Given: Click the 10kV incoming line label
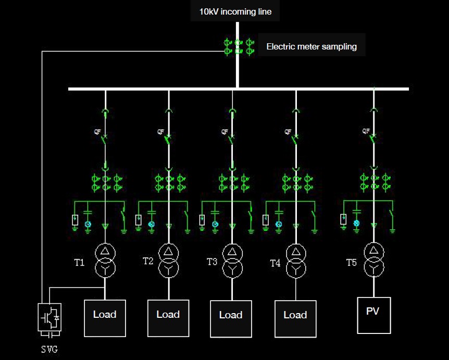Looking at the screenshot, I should (x=235, y=11).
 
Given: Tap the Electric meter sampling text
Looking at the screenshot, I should (x=311, y=46).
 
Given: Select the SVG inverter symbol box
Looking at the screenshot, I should (x=50, y=317).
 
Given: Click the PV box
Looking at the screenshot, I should (x=373, y=315).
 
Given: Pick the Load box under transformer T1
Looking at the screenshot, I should (x=105, y=317).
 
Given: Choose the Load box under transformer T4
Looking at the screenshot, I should (x=295, y=318).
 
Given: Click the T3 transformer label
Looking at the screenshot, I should (x=212, y=262).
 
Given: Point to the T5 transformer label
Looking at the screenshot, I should (x=352, y=263).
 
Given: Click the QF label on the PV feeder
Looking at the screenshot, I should (x=366, y=131).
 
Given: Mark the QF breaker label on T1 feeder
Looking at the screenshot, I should (x=97, y=132).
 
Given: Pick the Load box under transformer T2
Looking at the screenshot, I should (x=168, y=317).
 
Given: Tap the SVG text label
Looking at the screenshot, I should (x=49, y=349).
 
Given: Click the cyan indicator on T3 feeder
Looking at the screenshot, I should (x=215, y=224).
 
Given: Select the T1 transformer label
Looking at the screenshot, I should (x=79, y=262).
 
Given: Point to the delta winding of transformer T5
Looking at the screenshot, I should (x=373, y=251).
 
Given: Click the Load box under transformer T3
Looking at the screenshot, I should (x=231, y=318).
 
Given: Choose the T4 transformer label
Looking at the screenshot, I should (x=275, y=263).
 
